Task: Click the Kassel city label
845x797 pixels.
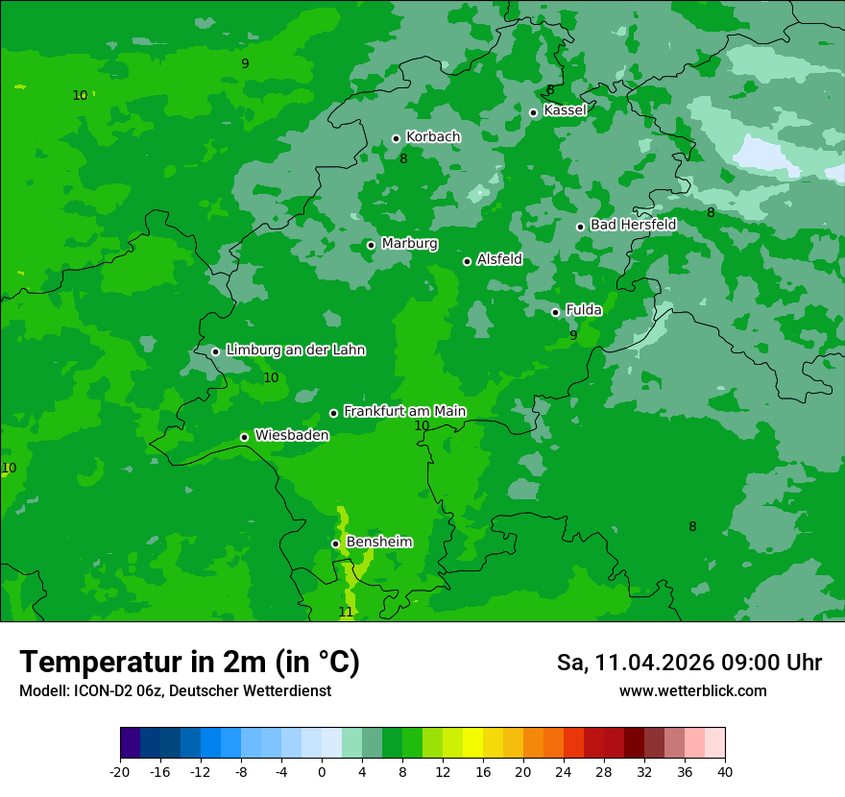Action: (x=565, y=110)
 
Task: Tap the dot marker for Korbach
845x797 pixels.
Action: (x=396, y=138)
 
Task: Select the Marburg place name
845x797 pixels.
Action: (x=409, y=244)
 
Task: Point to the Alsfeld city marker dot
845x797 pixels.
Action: (x=467, y=261)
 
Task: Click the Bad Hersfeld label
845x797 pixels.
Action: (x=633, y=225)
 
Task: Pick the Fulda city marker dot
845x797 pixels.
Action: (x=555, y=312)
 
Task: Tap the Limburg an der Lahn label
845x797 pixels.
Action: (x=295, y=350)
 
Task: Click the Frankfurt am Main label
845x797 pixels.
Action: (x=404, y=411)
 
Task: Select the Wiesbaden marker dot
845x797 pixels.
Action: (x=244, y=437)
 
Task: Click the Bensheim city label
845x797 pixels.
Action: (x=378, y=543)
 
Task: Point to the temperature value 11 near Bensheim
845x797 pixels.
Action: (x=346, y=612)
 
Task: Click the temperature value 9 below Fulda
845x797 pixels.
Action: (x=573, y=335)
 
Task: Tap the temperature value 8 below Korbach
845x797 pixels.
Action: (x=403, y=158)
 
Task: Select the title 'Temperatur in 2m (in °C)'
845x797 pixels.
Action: (x=189, y=663)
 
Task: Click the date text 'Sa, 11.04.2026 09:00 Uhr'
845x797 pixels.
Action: (x=688, y=664)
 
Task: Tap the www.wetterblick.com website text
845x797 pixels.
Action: (x=692, y=691)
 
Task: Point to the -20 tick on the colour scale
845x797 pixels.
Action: (x=120, y=772)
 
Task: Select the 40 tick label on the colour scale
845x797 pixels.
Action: (x=725, y=772)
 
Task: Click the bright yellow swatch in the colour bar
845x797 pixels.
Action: (x=472, y=743)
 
